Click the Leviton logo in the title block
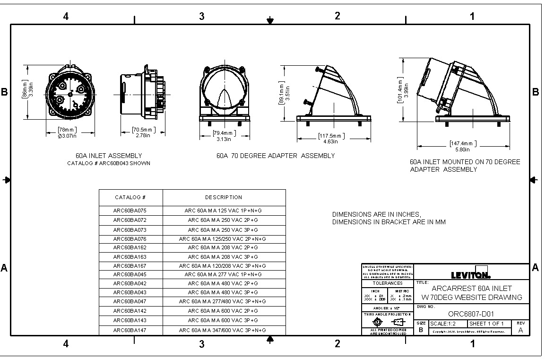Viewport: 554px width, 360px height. (x=470, y=275)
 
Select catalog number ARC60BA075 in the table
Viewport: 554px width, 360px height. (x=130, y=211)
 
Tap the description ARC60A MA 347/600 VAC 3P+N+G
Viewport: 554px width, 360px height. (x=223, y=330)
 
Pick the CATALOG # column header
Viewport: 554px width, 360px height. (x=130, y=197)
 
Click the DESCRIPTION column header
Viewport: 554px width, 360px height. (x=224, y=197)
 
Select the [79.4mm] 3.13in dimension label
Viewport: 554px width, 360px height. (x=224, y=136)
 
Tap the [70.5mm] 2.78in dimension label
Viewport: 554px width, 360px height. (x=143, y=132)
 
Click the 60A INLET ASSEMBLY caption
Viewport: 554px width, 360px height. (x=109, y=156)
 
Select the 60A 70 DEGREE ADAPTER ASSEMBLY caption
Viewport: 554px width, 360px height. (x=276, y=156)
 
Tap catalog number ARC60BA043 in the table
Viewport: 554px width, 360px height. (x=130, y=292)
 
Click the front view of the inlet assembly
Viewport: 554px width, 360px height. (x=70, y=94)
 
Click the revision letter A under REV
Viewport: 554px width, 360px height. (x=520, y=330)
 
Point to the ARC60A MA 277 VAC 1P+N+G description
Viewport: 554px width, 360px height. (x=223, y=274)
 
